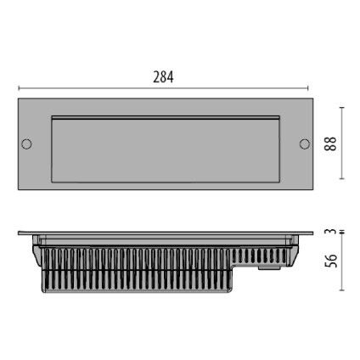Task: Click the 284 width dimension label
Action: (163, 76)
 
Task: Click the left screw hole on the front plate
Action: (26, 143)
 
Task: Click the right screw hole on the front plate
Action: (304, 143)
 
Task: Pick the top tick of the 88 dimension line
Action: (342, 108)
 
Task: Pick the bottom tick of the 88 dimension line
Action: (342, 179)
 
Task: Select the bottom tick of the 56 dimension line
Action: (342, 290)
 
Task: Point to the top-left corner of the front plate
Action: (18, 100)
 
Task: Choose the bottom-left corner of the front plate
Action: (18, 188)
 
